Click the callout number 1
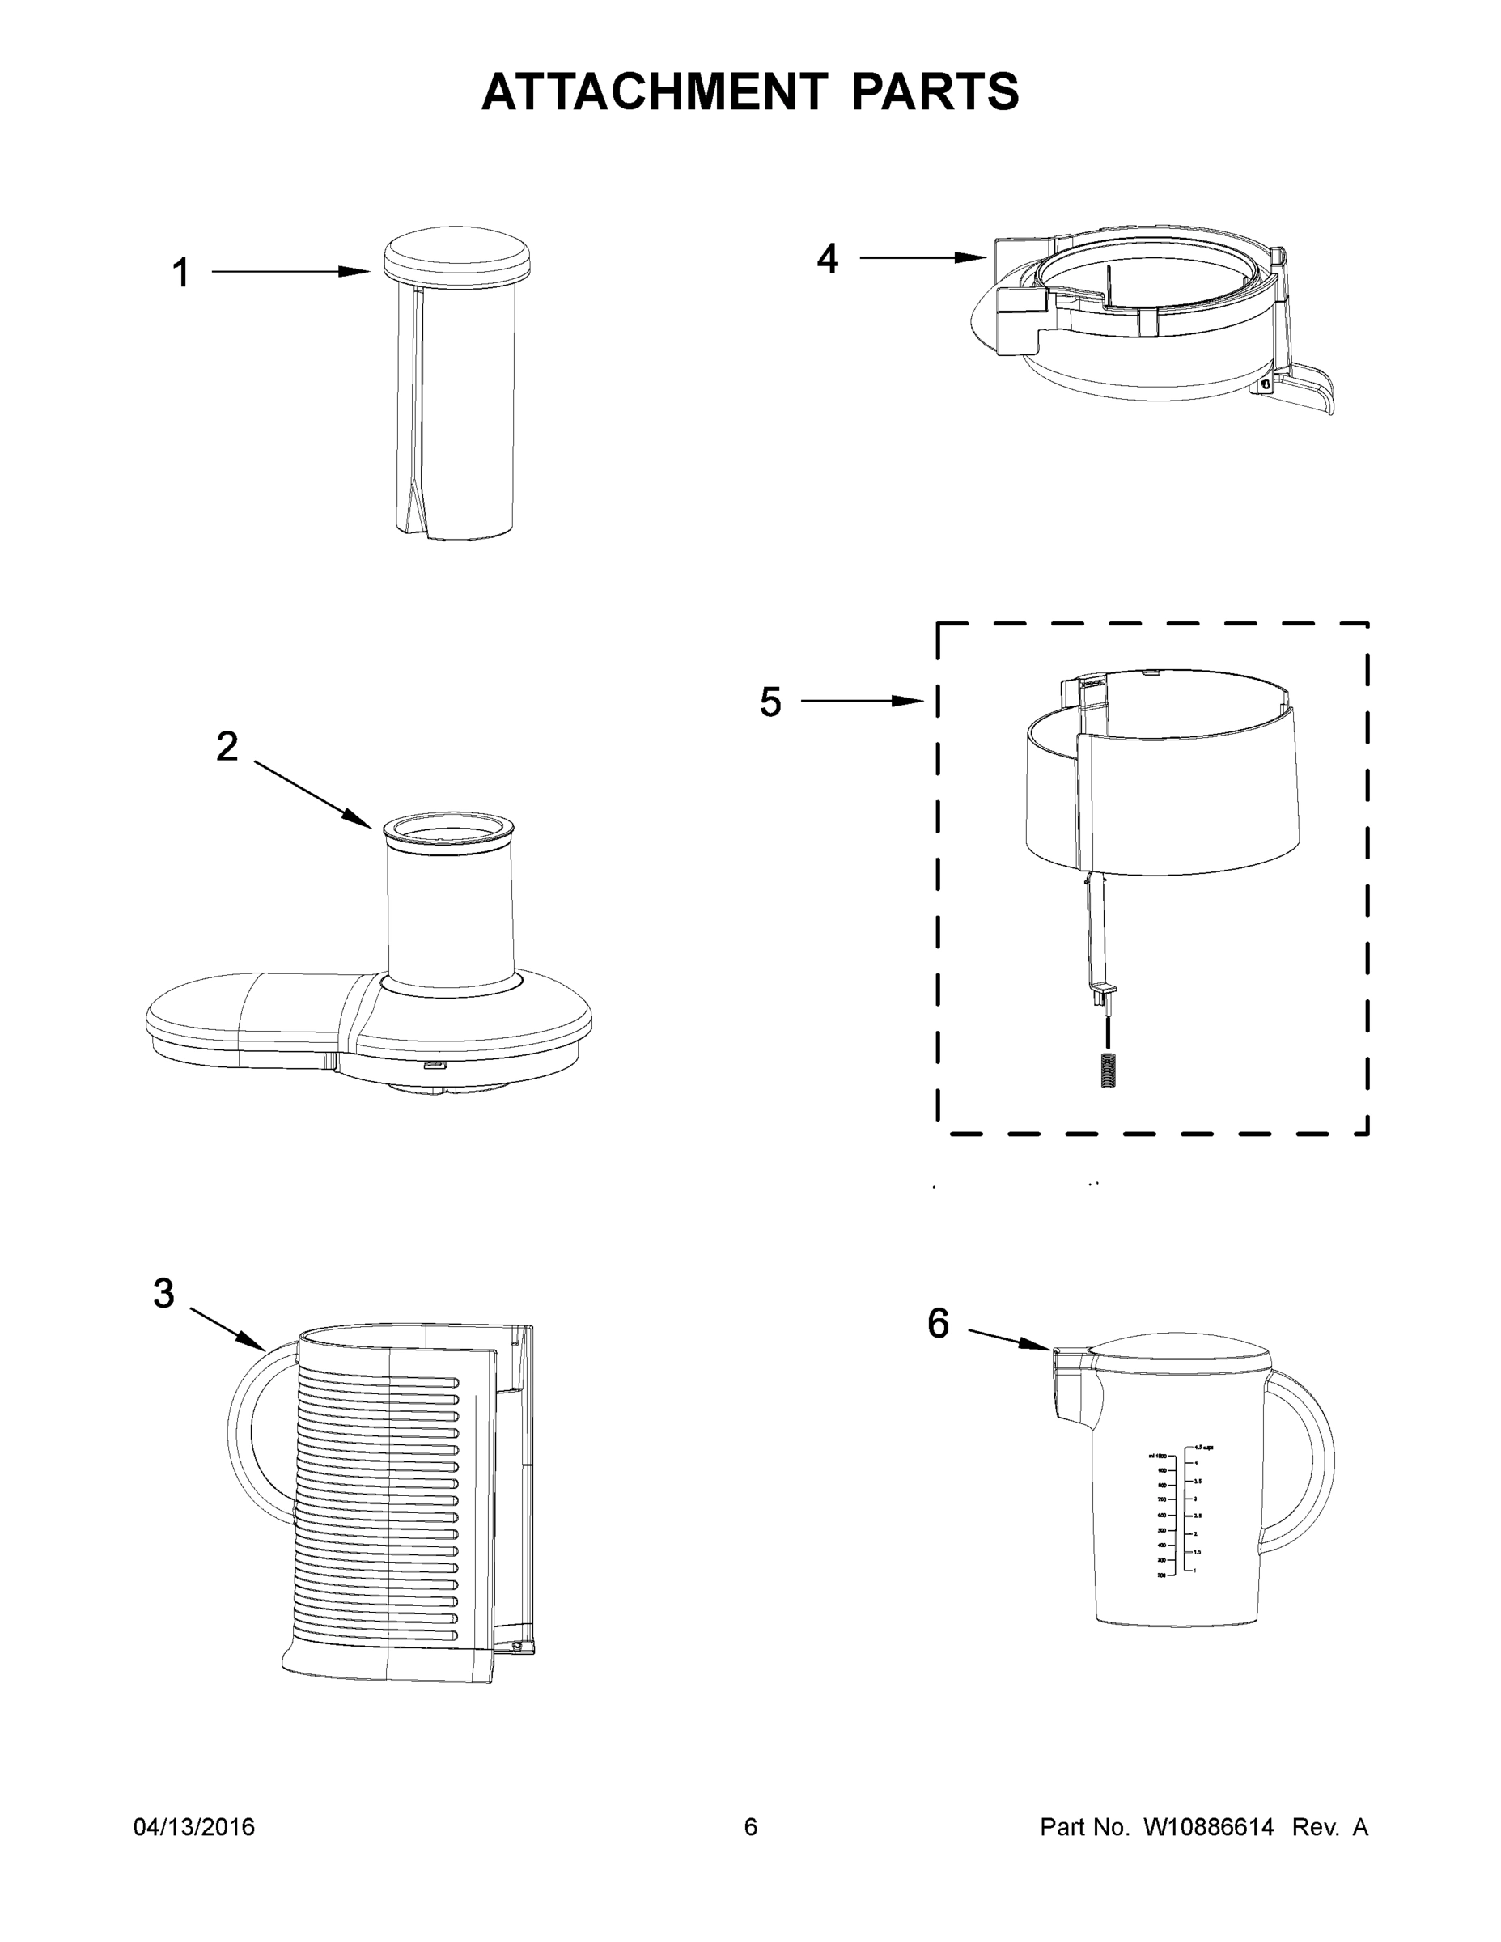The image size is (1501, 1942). click(x=180, y=273)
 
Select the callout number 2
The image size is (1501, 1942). click(x=227, y=747)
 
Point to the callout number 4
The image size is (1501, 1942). click(x=827, y=259)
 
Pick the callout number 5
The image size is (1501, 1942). click(x=770, y=702)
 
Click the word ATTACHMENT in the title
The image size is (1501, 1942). click(x=654, y=91)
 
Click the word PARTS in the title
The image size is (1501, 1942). click(x=935, y=91)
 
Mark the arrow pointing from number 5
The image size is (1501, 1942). click(x=863, y=702)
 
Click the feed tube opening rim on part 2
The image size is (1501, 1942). click(x=448, y=828)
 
